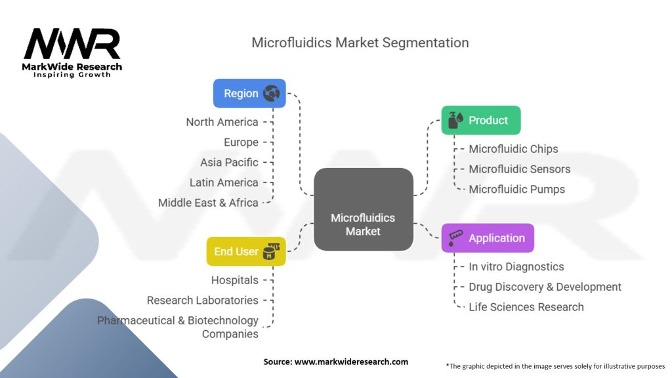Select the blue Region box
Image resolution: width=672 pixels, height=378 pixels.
[x=249, y=93]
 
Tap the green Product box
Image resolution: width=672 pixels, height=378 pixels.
[x=480, y=120]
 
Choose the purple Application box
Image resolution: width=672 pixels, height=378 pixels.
[x=488, y=238]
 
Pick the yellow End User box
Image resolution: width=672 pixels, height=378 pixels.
[x=245, y=251]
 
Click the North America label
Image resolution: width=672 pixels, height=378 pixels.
[x=222, y=122]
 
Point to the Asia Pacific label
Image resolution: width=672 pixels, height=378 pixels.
[x=229, y=162]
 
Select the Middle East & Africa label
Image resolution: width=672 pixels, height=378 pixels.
[x=208, y=203]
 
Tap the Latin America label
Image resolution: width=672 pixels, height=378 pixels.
[x=224, y=182]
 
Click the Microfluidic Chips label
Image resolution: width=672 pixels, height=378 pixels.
[x=513, y=149]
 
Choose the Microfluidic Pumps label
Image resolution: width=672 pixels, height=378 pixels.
[x=516, y=189]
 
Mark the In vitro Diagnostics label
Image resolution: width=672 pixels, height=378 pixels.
[x=516, y=266]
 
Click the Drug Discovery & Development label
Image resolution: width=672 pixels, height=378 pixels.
[x=545, y=287]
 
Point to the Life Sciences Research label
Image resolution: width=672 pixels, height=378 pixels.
[x=526, y=306]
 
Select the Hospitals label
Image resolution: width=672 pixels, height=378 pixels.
[x=234, y=280]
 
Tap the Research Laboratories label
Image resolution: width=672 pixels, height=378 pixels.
[x=202, y=300]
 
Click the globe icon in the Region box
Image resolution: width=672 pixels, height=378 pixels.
[x=271, y=93]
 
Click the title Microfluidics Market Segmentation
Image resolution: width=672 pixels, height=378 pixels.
[x=360, y=43]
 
